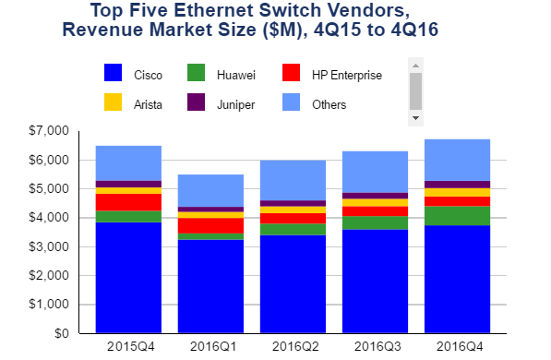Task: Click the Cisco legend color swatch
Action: click(113, 72)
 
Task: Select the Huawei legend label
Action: click(235, 75)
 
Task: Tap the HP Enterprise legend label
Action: click(347, 75)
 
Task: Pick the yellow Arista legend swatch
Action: click(113, 102)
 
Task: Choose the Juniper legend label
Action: click(235, 104)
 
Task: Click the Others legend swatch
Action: click(291, 102)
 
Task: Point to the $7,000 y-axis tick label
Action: click(49, 131)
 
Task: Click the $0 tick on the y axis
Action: click(62, 333)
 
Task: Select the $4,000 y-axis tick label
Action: click(49, 218)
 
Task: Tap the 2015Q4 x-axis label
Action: click(131, 347)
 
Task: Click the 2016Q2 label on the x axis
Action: click(295, 347)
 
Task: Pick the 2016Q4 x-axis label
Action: click(460, 347)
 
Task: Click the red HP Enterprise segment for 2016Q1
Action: click(210, 226)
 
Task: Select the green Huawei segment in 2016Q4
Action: click(457, 216)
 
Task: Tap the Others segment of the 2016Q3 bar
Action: click(375, 172)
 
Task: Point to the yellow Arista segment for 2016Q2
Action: click(293, 210)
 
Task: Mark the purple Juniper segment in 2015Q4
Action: click(128, 185)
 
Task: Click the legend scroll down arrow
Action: click(415, 118)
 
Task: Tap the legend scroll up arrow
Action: click(415, 66)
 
